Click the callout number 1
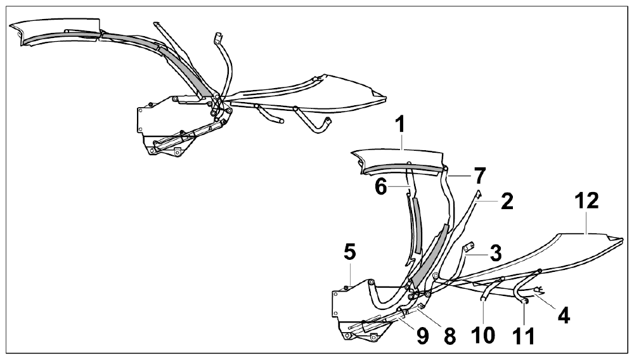coord(399,125)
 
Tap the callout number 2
coord(507,201)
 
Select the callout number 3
coord(495,253)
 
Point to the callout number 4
coord(564,315)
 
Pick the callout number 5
coord(350,252)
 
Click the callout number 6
coord(381,188)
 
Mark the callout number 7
coord(479,176)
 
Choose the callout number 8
coord(450,336)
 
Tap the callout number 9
coord(422,336)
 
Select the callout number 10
coord(483,335)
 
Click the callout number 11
coord(523,336)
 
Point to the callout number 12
coord(587,201)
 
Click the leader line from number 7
coord(460,176)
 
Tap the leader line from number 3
coord(477,255)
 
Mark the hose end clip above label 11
coord(524,301)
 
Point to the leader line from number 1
coord(401,142)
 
